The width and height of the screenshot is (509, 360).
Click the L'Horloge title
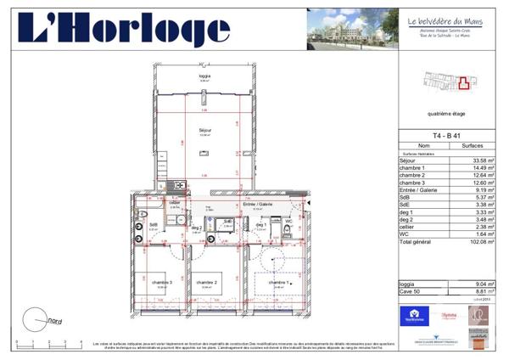click(x=124, y=31)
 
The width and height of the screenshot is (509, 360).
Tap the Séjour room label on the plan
click(x=204, y=130)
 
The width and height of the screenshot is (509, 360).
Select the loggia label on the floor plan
click(x=204, y=76)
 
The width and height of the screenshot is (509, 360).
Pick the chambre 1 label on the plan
click(x=278, y=282)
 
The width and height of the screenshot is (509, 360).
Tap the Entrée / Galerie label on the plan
click(x=257, y=205)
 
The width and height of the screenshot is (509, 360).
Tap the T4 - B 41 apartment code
click(x=446, y=136)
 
